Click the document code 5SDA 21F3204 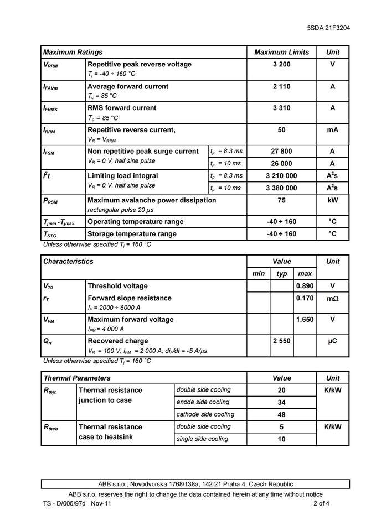328,28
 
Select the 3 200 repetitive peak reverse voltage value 281,65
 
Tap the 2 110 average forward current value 281,87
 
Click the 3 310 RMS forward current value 281,108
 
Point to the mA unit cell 332,130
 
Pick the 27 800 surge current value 281,151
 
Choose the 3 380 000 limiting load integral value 281,188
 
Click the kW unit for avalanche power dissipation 332,200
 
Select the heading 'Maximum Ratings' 73,52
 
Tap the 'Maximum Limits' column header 281,52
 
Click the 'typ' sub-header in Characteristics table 281,274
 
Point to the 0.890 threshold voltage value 305,286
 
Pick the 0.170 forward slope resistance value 305,298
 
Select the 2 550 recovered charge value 281,341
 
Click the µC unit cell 332,341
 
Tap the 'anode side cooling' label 203,402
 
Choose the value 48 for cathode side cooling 281,414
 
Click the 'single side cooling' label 202,439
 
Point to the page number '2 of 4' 322,504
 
